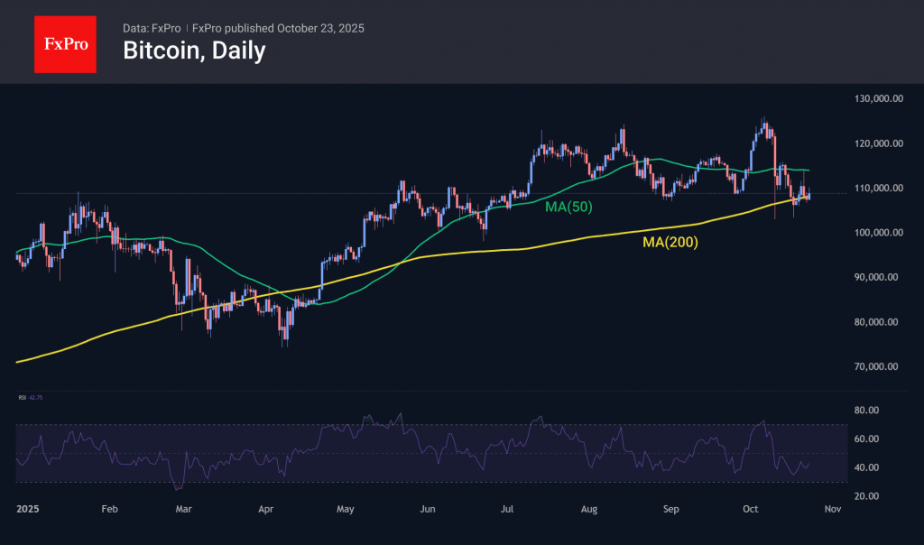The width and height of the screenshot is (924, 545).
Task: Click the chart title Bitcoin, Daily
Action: point(194,51)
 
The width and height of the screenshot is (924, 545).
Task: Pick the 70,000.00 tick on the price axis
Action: point(880,366)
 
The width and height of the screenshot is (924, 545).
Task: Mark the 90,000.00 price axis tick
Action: point(880,278)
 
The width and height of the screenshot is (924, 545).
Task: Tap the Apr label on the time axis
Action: point(266,510)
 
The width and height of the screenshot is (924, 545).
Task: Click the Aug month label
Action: point(589,510)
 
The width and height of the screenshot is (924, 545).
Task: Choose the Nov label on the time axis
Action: point(833,510)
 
